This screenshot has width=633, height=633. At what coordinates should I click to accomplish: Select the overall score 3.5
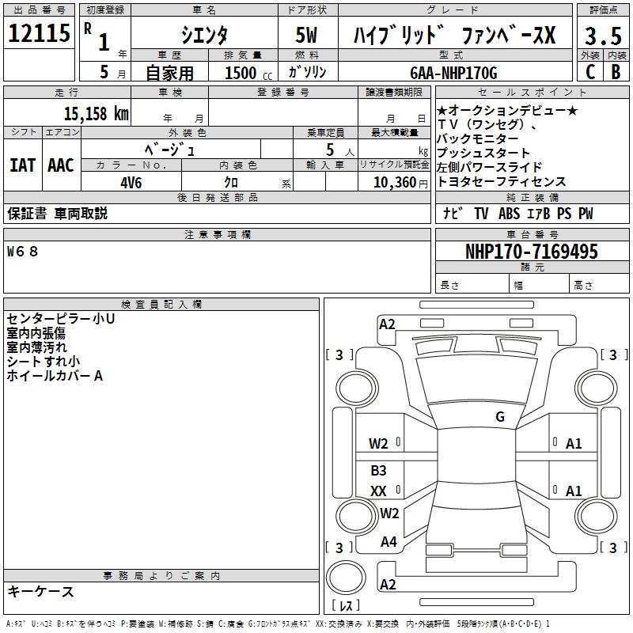(x=601, y=36)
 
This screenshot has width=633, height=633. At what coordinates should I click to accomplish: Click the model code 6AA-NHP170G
(x=453, y=72)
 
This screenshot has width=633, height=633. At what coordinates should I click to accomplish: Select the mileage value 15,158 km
(x=96, y=113)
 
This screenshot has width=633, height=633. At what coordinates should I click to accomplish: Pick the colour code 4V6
(x=131, y=181)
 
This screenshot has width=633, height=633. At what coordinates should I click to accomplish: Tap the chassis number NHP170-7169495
(x=531, y=252)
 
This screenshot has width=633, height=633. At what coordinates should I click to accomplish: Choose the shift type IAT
(x=22, y=165)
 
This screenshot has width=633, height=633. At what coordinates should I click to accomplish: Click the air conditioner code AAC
(x=60, y=165)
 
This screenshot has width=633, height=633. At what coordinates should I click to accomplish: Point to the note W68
(x=22, y=252)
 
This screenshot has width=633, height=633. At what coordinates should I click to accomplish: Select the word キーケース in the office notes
(x=40, y=591)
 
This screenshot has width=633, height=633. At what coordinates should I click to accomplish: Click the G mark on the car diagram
(x=499, y=417)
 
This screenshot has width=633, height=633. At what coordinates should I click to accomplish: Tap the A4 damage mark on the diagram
(x=389, y=542)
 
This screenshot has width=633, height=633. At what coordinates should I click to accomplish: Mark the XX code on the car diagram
(x=378, y=491)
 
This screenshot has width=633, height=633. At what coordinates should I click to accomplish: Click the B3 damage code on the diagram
(x=378, y=471)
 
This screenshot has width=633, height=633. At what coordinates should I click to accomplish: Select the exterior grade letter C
(x=589, y=72)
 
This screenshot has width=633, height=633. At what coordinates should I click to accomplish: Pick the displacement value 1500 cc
(x=246, y=73)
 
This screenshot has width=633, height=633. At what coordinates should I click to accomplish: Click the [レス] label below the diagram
(x=346, y=606)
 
